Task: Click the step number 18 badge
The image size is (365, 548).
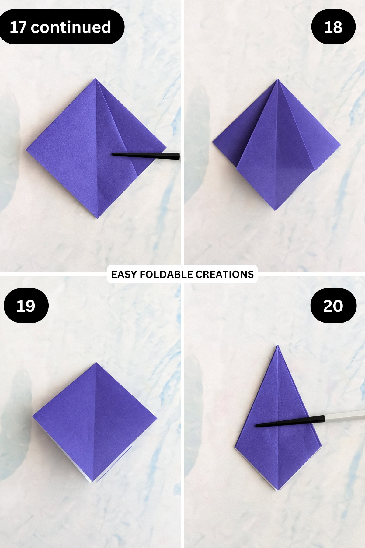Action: pyautogui.click(x=333, y=27)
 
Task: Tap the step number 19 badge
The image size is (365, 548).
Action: pyautogui.click(x=26, y=306)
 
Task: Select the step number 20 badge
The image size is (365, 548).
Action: pyautogui.click(x=333, y=306)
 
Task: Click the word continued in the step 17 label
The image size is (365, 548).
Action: pyautogui.click(x=71, y=27)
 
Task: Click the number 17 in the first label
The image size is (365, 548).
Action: pyautogui.click(x=18, y=27)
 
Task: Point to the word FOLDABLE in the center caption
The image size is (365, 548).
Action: pyautogui.click(x=166, y=274)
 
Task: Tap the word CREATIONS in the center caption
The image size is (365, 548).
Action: pyautogui.click(x=224, y=274)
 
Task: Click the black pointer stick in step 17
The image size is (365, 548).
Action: pyautogui.click(x=146, y=156)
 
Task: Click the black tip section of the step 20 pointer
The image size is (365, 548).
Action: pyautogui.click(x=289, y=421)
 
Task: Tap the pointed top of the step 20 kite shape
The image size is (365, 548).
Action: pyautogui.click(x=277, y=346)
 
